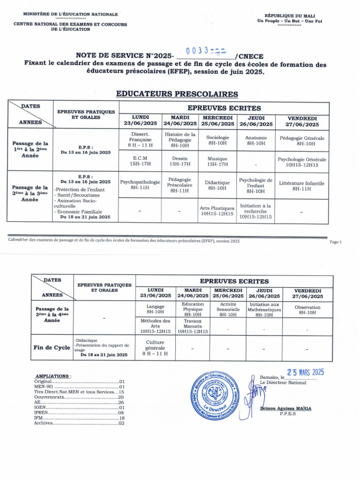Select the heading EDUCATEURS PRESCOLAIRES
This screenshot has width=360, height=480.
click(x=177, y=94)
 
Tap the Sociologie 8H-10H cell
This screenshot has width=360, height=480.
click(x=217, y=140)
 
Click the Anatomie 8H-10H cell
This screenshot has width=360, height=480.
click(x=256, y=140)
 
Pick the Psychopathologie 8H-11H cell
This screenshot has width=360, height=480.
click(x=140, y=184)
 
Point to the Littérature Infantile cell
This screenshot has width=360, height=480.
click(x=301, y=186)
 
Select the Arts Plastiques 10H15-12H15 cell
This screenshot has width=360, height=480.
click(x=217, y=210)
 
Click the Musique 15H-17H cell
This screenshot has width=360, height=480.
click(x=217, y=161)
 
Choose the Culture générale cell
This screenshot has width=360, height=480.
click(x=155, y=348)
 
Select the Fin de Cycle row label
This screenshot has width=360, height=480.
click(x=52, y=348)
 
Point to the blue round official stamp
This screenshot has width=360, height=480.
click(x=217, y=397)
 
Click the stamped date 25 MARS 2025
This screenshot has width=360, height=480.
click(x=305, y=372)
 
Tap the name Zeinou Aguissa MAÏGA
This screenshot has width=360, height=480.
click(x=285, y=408)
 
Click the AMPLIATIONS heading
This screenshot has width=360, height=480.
click(x=53, y=376)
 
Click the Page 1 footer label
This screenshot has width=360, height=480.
click(x=336, y=242)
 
